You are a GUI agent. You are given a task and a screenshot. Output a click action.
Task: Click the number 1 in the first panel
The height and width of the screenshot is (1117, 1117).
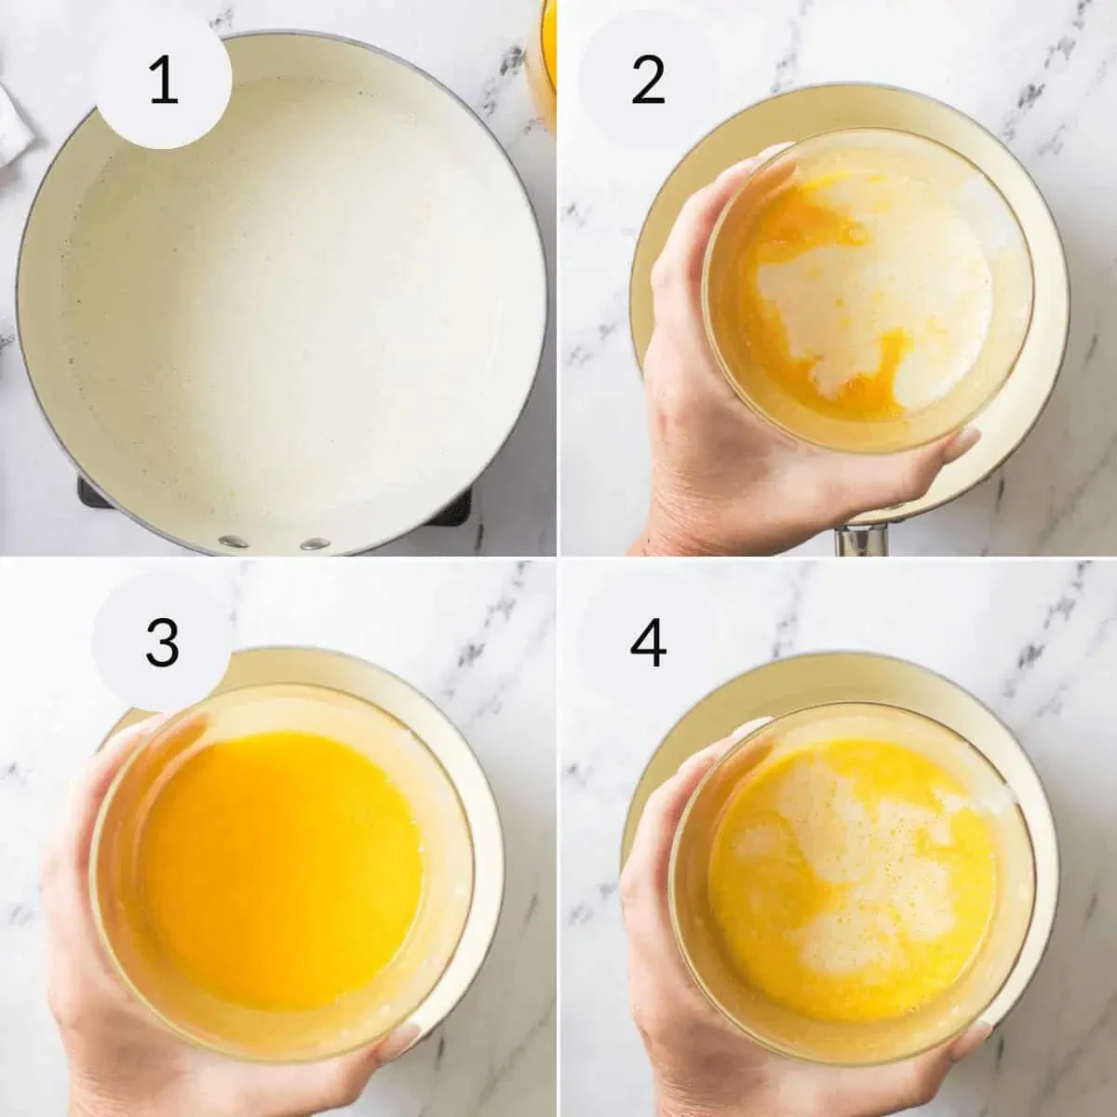[x=164, y=81]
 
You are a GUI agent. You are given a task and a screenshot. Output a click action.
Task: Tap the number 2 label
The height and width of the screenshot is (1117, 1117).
[x=648, y=81]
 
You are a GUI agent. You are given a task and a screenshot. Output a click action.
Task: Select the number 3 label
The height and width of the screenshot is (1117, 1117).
[x=162, y=641]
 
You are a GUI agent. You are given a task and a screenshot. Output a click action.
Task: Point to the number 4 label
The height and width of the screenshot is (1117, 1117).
[x=648, y=642]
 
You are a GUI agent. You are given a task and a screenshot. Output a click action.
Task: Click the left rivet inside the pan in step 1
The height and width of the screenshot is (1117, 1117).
[x=233, y=542]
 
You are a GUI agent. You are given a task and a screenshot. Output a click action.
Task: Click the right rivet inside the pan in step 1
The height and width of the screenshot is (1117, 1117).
[x=314, y=544]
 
